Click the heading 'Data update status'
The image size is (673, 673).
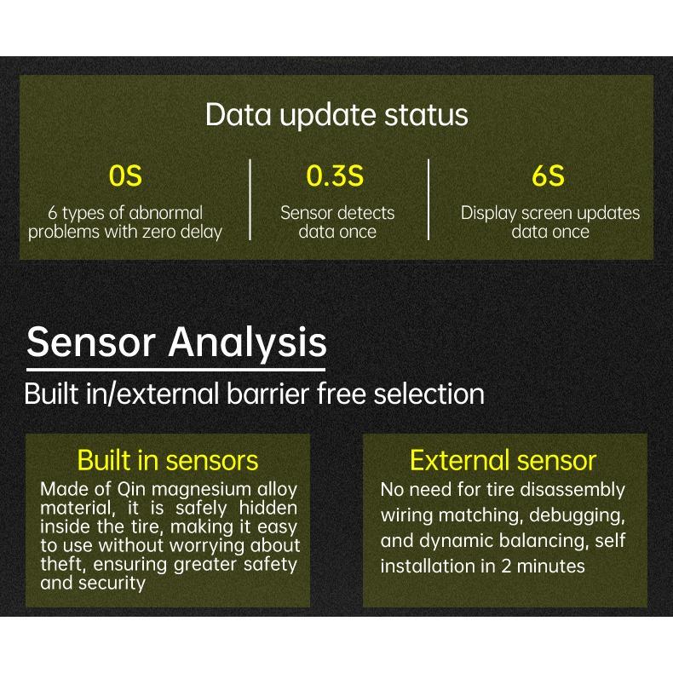click(336, 115)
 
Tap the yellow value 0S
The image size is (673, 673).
click(125, 176)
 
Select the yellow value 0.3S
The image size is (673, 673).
click(335, 176)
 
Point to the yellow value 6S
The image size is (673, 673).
click(549, 176)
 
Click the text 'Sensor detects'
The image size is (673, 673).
click(337, 213)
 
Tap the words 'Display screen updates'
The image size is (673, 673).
click(550, 213)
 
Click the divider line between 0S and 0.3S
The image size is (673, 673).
click(250, 198)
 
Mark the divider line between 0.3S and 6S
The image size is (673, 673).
click(428, 198)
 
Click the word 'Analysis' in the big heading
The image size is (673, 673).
click(247, 342)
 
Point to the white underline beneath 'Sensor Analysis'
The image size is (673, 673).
click(175, 370)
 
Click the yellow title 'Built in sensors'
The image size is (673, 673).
click(168, 461)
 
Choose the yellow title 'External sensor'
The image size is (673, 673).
click(503, 461)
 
